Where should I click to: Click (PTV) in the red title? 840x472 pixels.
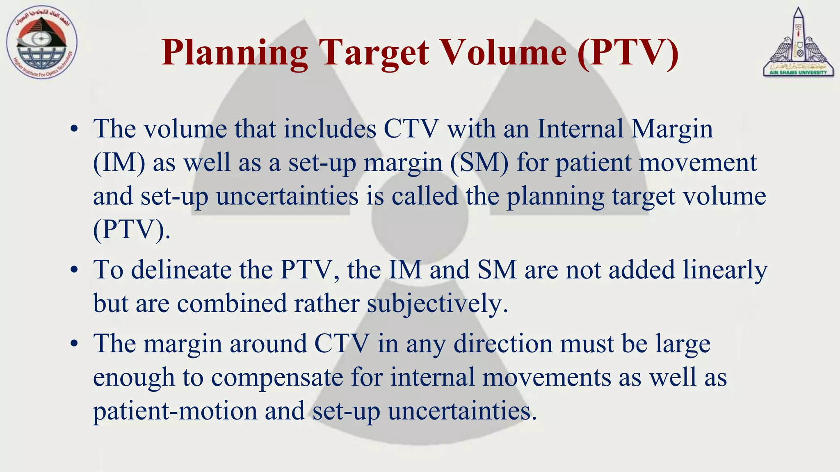click(628, 53)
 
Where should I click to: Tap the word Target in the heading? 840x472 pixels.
click(374, 53)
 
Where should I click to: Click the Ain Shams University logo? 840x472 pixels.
click(798, 43)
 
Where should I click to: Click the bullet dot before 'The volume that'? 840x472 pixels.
click(74, 129)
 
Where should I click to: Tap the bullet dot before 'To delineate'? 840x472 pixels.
click(74, 270)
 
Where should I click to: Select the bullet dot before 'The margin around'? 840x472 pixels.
click(74, 344)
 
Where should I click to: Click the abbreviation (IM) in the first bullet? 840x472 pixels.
click(119, 163)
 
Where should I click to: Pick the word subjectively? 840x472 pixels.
click(437, 304)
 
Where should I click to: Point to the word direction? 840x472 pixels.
click(503, 344)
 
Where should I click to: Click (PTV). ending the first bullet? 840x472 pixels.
click(131, 230)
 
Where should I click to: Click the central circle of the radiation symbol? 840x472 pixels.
click(420, 217)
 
